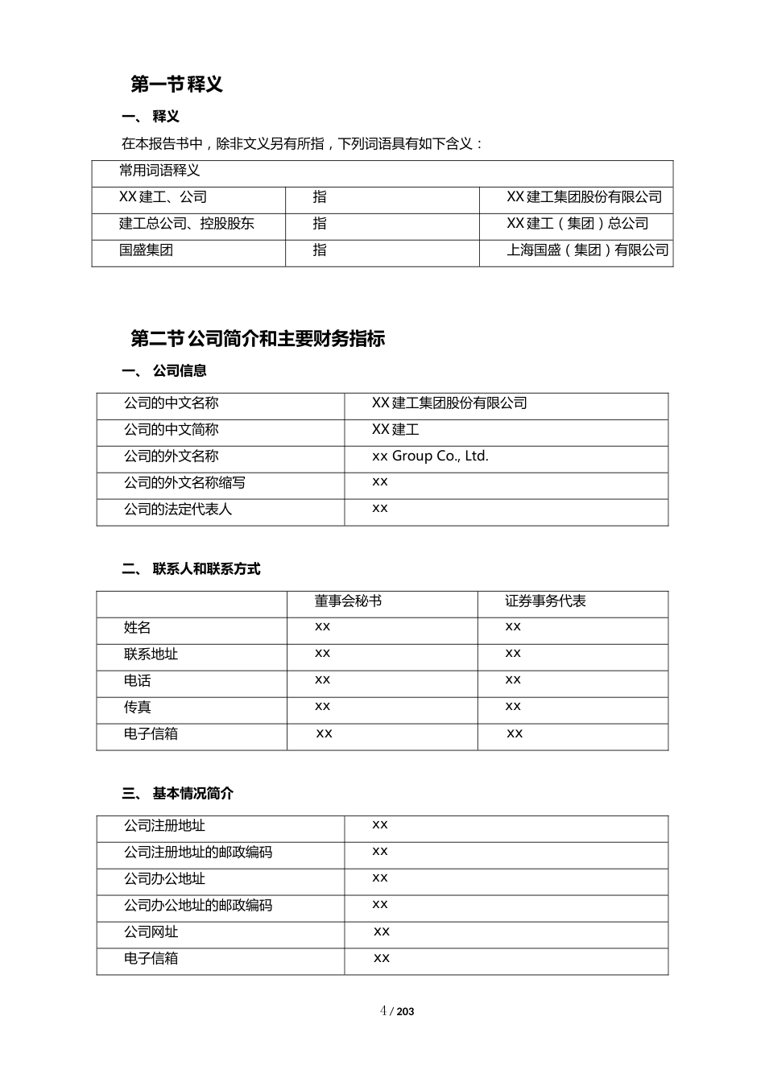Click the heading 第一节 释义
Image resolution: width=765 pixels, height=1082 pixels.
[176, 84]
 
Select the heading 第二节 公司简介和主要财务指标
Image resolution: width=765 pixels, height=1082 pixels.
[258, 339]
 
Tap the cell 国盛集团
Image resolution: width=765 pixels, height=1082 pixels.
[147, 250]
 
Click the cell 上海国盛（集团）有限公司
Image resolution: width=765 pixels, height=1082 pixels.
[587, 250]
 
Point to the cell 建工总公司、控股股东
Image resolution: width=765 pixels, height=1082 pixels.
[187, 224]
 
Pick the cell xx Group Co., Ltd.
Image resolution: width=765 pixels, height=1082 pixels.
[430, 456]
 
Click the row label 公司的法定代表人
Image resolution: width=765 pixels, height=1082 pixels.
[178, 510]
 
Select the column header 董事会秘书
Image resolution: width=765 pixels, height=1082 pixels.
[348, 601]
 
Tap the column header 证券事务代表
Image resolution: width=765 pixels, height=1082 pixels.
[545, 601]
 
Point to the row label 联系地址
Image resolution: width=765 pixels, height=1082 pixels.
[151, 655]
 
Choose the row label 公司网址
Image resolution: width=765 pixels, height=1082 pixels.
[151, 932]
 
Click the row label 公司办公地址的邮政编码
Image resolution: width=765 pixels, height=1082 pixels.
[198, 906]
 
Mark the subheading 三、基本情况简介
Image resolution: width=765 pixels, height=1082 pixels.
[178, 794]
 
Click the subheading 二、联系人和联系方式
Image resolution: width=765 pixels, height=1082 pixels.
[192, 569]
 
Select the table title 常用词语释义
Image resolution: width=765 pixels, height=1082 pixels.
[159, 171]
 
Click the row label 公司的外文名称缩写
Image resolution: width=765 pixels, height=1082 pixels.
[184, 483]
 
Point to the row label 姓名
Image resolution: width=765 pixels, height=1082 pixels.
[138, 628]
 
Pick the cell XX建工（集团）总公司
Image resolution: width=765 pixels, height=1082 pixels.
[577, 224]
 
